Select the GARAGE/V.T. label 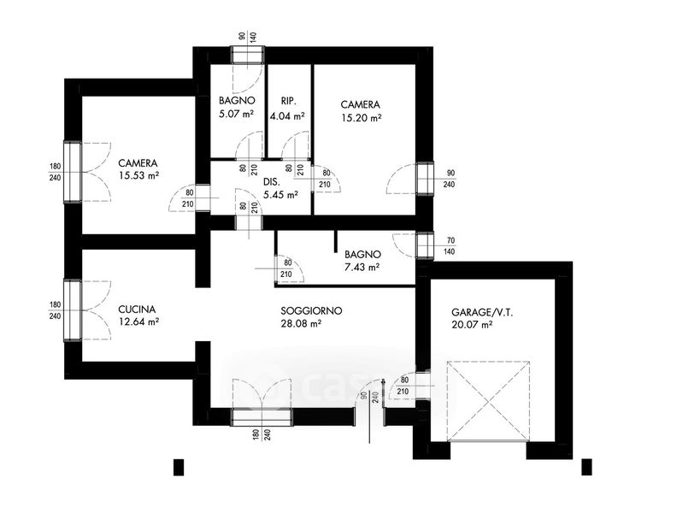pyautogui.click(x=482, y=313)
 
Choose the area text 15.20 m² pyautogui.click(x=361, y=119)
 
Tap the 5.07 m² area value pyautogui.click(x=237, y=112)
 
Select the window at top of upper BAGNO pyautogui.click(x=250, y=54)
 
